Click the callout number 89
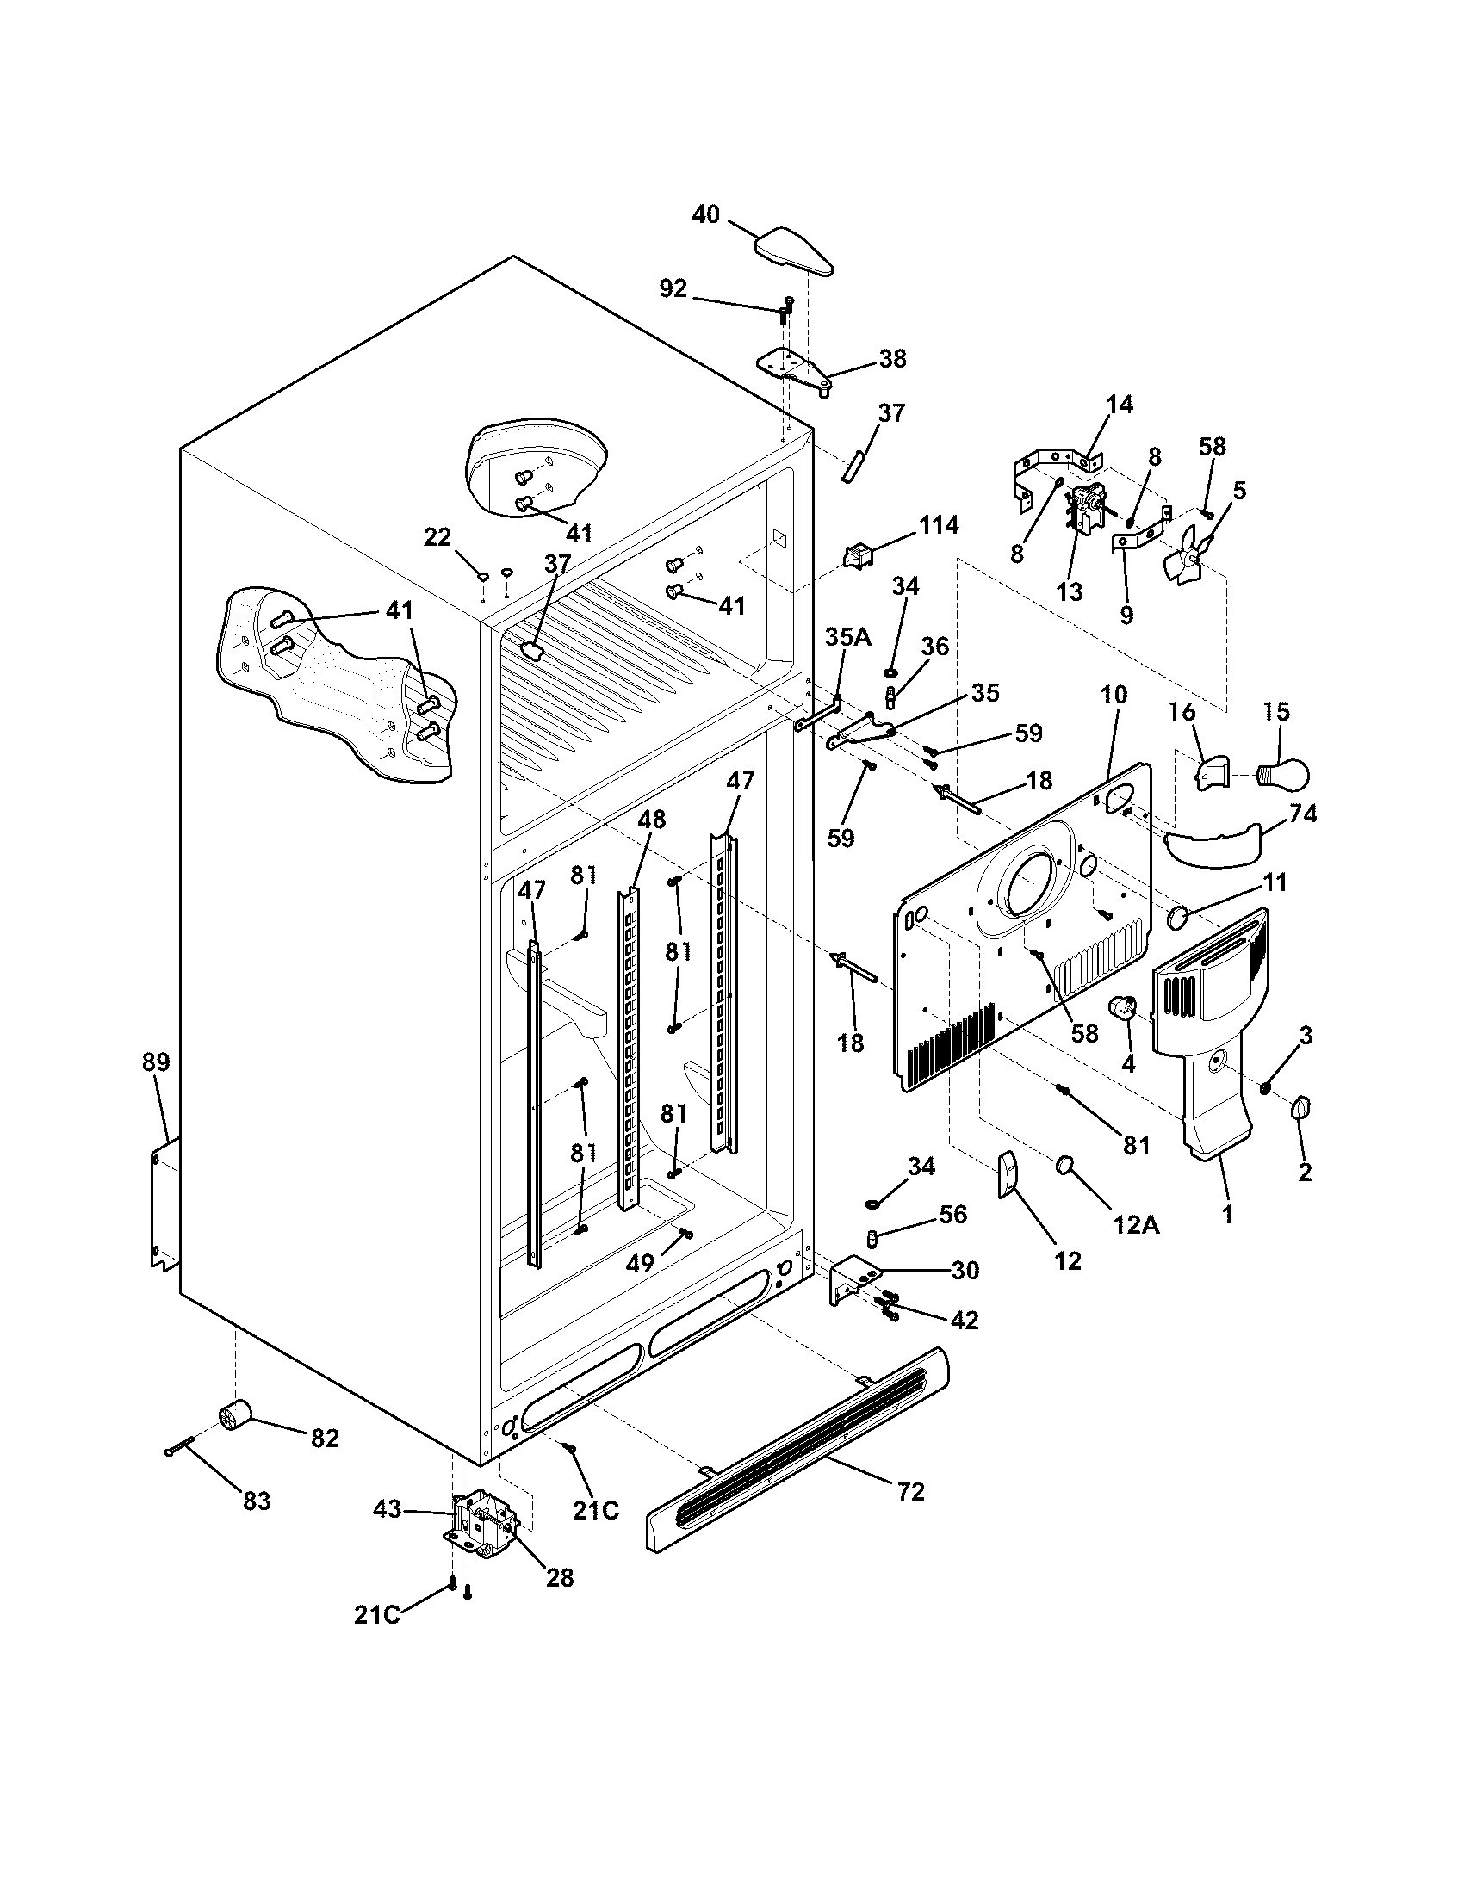click(x=156, y=1062)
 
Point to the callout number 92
click(x=673, y=288)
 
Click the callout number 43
click(x=387, y=1510)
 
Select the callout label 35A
click(x=847, y=637)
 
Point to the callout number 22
click(x=437, y=538)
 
